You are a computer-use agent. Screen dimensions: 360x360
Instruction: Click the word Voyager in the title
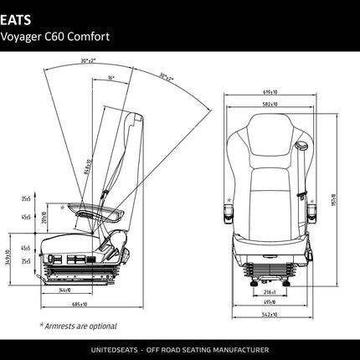click(24, 37)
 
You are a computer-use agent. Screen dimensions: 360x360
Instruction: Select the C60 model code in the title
click(60, 37)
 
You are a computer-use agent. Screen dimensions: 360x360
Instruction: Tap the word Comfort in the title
click(91, 37)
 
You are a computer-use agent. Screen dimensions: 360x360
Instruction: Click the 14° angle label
click(111, 77)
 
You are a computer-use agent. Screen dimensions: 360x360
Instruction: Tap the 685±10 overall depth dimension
click(80, 304)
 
